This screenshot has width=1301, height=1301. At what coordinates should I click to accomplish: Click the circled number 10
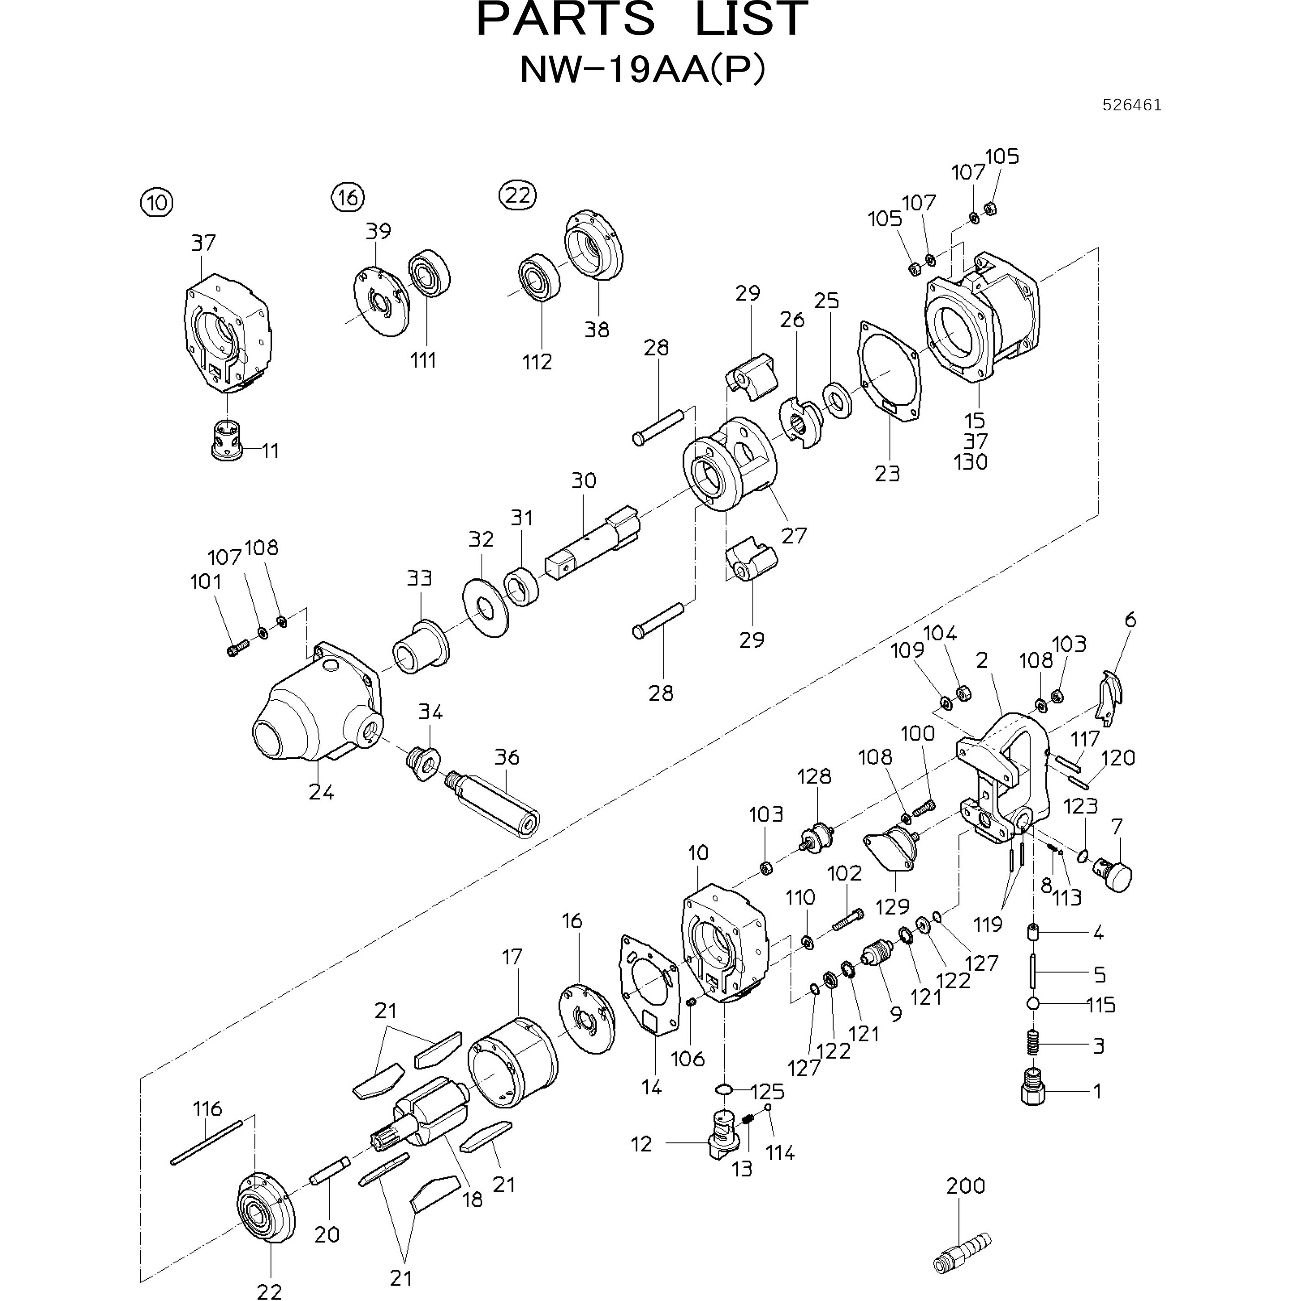click(x=156, y=202)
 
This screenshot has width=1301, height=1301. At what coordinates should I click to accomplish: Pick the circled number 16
click(x=348, y=197)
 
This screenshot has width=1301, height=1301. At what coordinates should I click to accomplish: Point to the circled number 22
click(x=517, y=195)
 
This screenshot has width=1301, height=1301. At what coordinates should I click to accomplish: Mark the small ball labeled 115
click(x=1034, y=1003)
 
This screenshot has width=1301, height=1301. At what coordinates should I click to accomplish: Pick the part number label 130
click(x=970, y=462)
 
